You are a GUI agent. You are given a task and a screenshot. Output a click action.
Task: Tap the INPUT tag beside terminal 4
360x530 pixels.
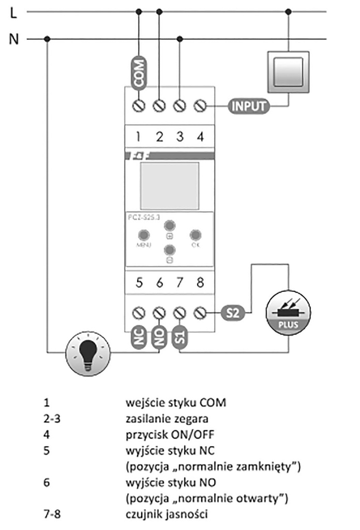click(248, 107)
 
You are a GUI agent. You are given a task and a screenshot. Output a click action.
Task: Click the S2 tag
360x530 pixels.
click(232, 313)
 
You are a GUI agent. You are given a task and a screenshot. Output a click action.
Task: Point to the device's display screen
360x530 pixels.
click(169, 184)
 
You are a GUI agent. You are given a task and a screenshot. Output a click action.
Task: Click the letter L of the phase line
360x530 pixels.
click(14, 13)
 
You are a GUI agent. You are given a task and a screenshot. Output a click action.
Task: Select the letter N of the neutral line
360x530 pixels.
click(14, 39)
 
